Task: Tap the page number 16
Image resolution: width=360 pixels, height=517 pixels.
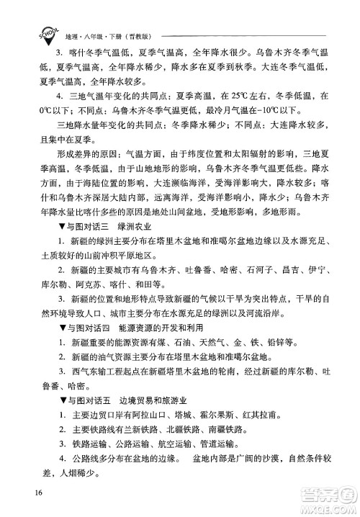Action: point(37,493)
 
